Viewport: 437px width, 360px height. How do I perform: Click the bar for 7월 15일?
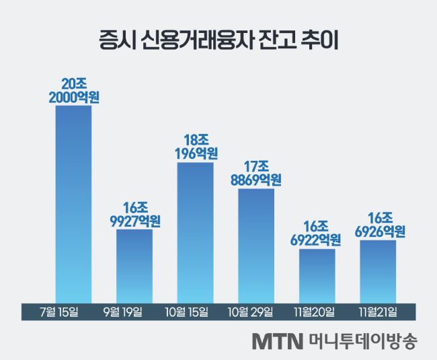pos(73,202)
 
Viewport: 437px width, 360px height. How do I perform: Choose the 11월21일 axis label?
pos(377,312)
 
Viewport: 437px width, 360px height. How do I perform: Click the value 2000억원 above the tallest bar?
pos(74,98)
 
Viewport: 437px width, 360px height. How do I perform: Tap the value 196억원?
pos(195,154)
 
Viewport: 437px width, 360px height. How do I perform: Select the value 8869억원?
pos(256,180)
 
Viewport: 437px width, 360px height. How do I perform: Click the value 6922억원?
pos(317,240)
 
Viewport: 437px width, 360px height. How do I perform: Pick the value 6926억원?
pos(378,231)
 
